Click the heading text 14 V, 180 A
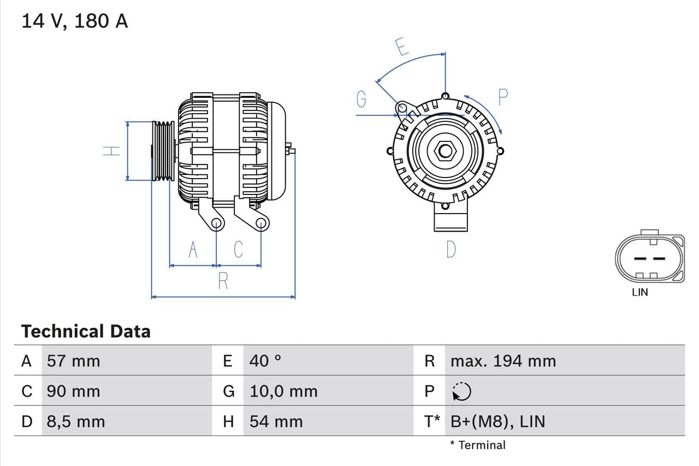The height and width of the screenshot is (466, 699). point(74,21)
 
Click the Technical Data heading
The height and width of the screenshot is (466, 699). point(85,331)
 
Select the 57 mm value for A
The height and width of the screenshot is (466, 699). point(73,361)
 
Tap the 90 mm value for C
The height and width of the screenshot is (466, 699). point(73,391)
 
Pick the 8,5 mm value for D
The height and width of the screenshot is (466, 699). point(75,421)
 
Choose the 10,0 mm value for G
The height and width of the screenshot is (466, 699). point(283,391)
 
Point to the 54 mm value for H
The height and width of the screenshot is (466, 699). point(276,421)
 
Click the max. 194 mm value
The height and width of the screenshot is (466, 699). point(503,361)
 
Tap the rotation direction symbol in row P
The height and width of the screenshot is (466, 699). point(462,391)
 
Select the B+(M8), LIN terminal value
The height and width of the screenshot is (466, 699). point(497,421)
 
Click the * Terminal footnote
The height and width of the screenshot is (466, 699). point(478,445)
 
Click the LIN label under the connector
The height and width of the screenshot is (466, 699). point(639,292)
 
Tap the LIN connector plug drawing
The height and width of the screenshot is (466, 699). point(649,258)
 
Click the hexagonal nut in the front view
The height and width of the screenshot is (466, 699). point(445,150)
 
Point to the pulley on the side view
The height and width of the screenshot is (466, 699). point(163,151)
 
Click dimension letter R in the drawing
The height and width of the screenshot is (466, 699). point(223,281)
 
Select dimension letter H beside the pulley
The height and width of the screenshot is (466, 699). point(111,150)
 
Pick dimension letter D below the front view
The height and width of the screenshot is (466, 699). point(451,249)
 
